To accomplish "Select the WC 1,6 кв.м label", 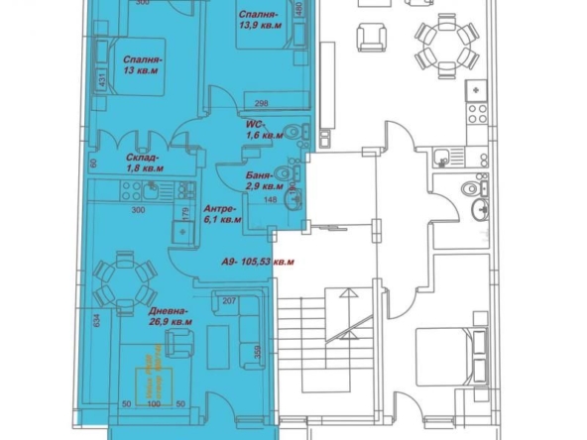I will (x=263, y=130).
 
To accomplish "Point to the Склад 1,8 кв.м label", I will (x=145, y=164).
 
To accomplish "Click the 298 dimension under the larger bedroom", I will (x=262, y=103).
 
